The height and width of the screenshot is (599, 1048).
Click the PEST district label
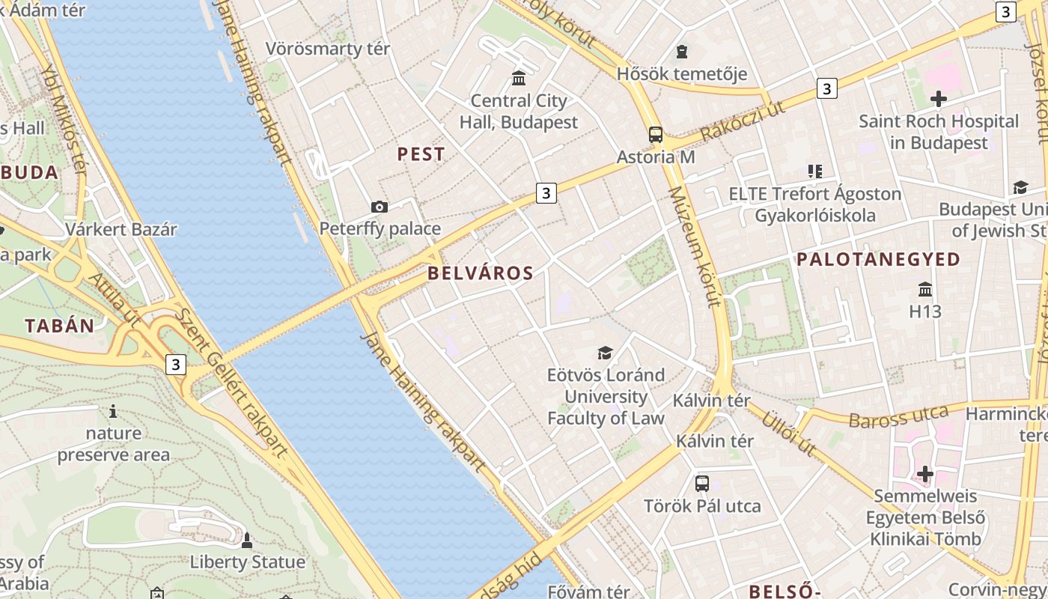click(x=421, y=154)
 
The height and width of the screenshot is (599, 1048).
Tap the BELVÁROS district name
click(x=481, y=273)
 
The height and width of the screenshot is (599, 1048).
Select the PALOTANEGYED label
click(x=878, y=260)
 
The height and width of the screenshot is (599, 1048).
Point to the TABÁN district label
click(x=60, y=326)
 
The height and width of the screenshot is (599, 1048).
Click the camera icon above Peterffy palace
click(x=380, y=207)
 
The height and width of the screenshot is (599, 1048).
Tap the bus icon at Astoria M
click(x=656, y=135)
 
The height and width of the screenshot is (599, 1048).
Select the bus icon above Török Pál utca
click(x=701, y=484)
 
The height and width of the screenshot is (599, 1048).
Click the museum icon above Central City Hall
click(x=518, y=78)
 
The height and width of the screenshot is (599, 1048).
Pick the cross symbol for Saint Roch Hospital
click(x=938, y=98)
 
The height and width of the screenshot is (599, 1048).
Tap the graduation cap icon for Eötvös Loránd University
click(x=605, y=353)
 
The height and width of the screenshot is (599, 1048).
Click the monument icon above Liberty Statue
click(x=247, y=540)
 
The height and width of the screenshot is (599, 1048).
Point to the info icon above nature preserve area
click(x=113, y=411)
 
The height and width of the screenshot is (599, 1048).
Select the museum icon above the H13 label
click(x=925, y=289)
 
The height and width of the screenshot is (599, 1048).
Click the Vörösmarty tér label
click(x=328, y=49)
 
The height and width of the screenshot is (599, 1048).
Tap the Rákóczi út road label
click(x=743, y=121)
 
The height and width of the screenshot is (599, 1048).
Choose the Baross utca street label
click(x=898, y=416)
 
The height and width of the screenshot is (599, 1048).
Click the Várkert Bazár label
click(x=121, y=229)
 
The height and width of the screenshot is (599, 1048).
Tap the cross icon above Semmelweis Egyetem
click(x=925, y=474)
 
